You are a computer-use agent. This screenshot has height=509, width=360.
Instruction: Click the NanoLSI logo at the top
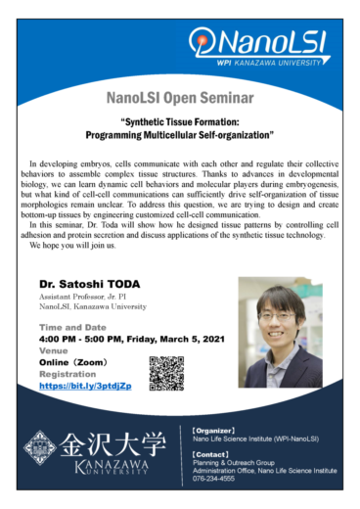(257, 43)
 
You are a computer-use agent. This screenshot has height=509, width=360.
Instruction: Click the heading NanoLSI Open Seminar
(179, 99)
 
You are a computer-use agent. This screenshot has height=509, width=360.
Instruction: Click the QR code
(166, 373)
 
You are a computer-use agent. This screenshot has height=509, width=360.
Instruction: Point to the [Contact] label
(211, 455)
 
